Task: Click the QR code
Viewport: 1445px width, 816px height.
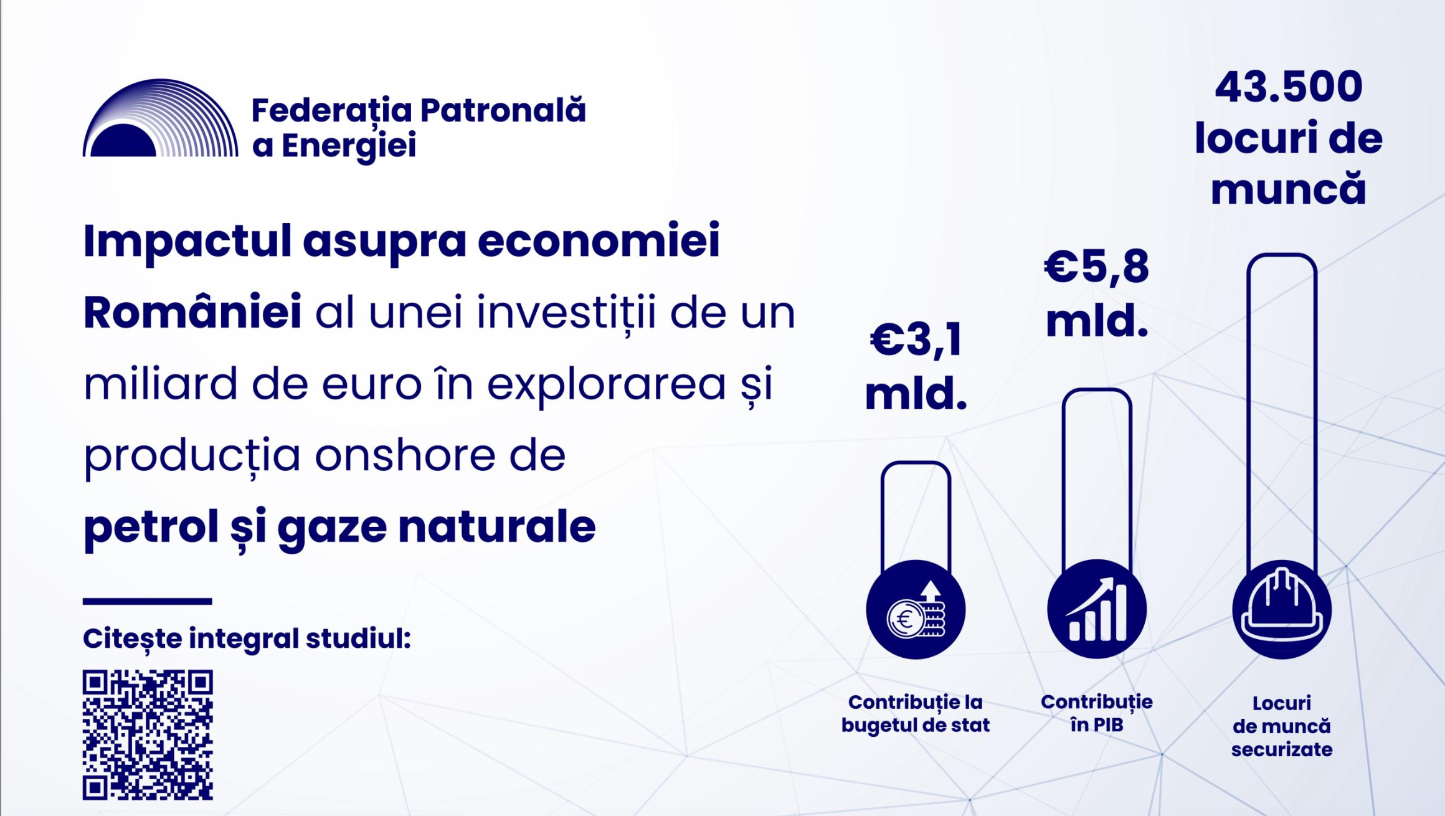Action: point(148,735)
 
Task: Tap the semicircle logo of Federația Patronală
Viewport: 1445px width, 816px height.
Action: point(160,118)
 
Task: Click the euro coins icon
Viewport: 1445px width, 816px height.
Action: point(916,610)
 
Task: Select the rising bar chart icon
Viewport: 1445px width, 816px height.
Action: point(1097,610)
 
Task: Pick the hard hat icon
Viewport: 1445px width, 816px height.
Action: point(1282,610)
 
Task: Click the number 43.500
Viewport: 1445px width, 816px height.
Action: point(1288,87)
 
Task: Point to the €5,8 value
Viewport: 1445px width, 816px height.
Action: point(1096,267)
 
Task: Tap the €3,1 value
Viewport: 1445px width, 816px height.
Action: point(916,340)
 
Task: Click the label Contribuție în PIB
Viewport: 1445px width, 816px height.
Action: point(1097,713)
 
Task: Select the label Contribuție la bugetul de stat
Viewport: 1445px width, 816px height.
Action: point(916,713)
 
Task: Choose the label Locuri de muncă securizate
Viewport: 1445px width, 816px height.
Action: point(1282,726)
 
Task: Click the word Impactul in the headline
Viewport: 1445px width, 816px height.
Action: point(187,242)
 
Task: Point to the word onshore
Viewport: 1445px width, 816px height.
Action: point(405,455)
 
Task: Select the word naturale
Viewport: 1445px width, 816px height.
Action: point(496,527)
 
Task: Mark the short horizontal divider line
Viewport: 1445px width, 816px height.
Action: point(148,602)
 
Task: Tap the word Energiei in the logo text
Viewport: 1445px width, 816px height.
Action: point(349,147)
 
